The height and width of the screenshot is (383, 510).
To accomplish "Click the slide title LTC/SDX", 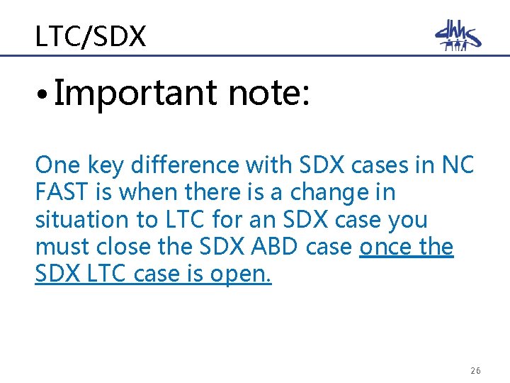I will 91,35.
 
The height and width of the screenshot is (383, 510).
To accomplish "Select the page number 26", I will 475,371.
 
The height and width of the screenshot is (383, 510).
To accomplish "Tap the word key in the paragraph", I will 100,165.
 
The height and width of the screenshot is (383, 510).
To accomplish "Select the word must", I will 61,247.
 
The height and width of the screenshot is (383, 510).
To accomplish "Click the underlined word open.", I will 241,274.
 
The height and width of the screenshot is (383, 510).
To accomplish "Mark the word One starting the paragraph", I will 56,165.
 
